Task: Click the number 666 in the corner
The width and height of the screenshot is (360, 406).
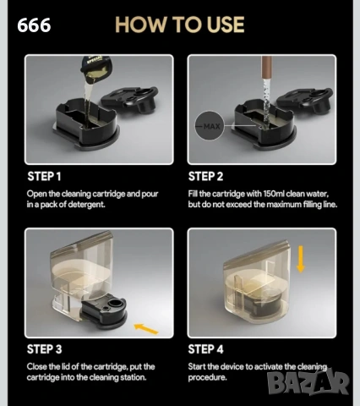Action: [x=34, y=25]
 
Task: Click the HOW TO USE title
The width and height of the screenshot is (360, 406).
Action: [x=179, y=25]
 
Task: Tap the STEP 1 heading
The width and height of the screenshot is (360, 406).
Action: [x=44, y=176]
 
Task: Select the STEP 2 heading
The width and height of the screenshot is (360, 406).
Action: [x=205, y=176]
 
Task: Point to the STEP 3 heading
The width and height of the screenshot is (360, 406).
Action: [x=44, y=349]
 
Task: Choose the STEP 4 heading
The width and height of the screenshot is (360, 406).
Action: [x=205, y=349]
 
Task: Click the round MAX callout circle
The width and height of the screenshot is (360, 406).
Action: [x=210, y=126]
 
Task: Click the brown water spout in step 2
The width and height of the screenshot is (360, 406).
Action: [x=266, y=67]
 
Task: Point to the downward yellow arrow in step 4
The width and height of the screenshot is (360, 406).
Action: [x=301, y=259]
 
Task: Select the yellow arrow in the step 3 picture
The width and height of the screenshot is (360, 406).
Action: [x=146, y=329]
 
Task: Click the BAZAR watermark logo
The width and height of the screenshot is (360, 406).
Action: [x=308, y=381]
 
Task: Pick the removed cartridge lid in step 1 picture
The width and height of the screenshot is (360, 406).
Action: [x=129, y=99]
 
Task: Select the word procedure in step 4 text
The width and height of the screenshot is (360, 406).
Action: [x=207, y=377]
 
